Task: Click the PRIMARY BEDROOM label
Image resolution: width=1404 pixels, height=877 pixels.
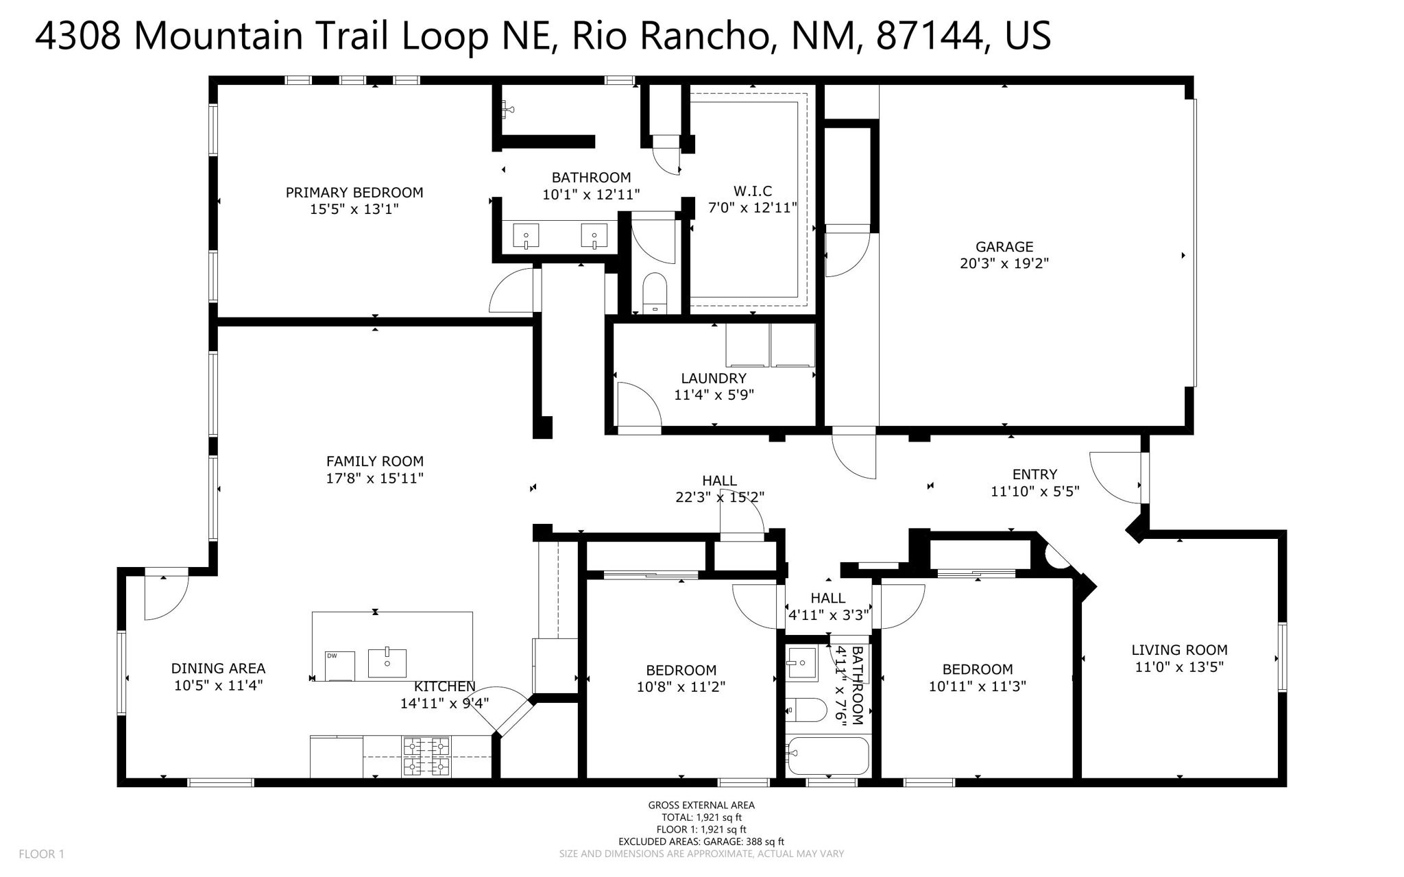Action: (x=354, y=193)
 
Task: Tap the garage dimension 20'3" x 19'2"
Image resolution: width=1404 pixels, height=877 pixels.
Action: (x=1004, y=263)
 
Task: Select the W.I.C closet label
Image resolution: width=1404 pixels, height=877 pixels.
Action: (x=752, y=191)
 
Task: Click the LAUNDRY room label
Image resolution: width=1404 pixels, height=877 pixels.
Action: (x=713, y=378)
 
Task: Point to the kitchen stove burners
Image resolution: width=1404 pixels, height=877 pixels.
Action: (x=426, y=756)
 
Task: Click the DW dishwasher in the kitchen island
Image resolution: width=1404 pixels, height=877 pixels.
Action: (x=339, y=665)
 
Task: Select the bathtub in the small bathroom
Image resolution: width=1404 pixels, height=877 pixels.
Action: (x=827, y=756)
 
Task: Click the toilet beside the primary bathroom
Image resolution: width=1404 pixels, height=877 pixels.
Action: (x=655, y=291)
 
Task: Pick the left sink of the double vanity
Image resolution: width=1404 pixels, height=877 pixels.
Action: (x=526, y=237)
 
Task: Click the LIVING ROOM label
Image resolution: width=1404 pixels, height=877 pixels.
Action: (x=1179, y=649)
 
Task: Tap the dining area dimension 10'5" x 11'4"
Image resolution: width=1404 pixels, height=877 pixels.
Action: (x=218, y=684)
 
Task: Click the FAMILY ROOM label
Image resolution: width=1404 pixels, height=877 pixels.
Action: (x=374, y=461)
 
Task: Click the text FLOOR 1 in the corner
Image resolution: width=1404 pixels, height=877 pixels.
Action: (x=41, y=854)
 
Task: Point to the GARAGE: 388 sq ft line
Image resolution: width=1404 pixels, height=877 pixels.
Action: (x=701, y=841)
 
